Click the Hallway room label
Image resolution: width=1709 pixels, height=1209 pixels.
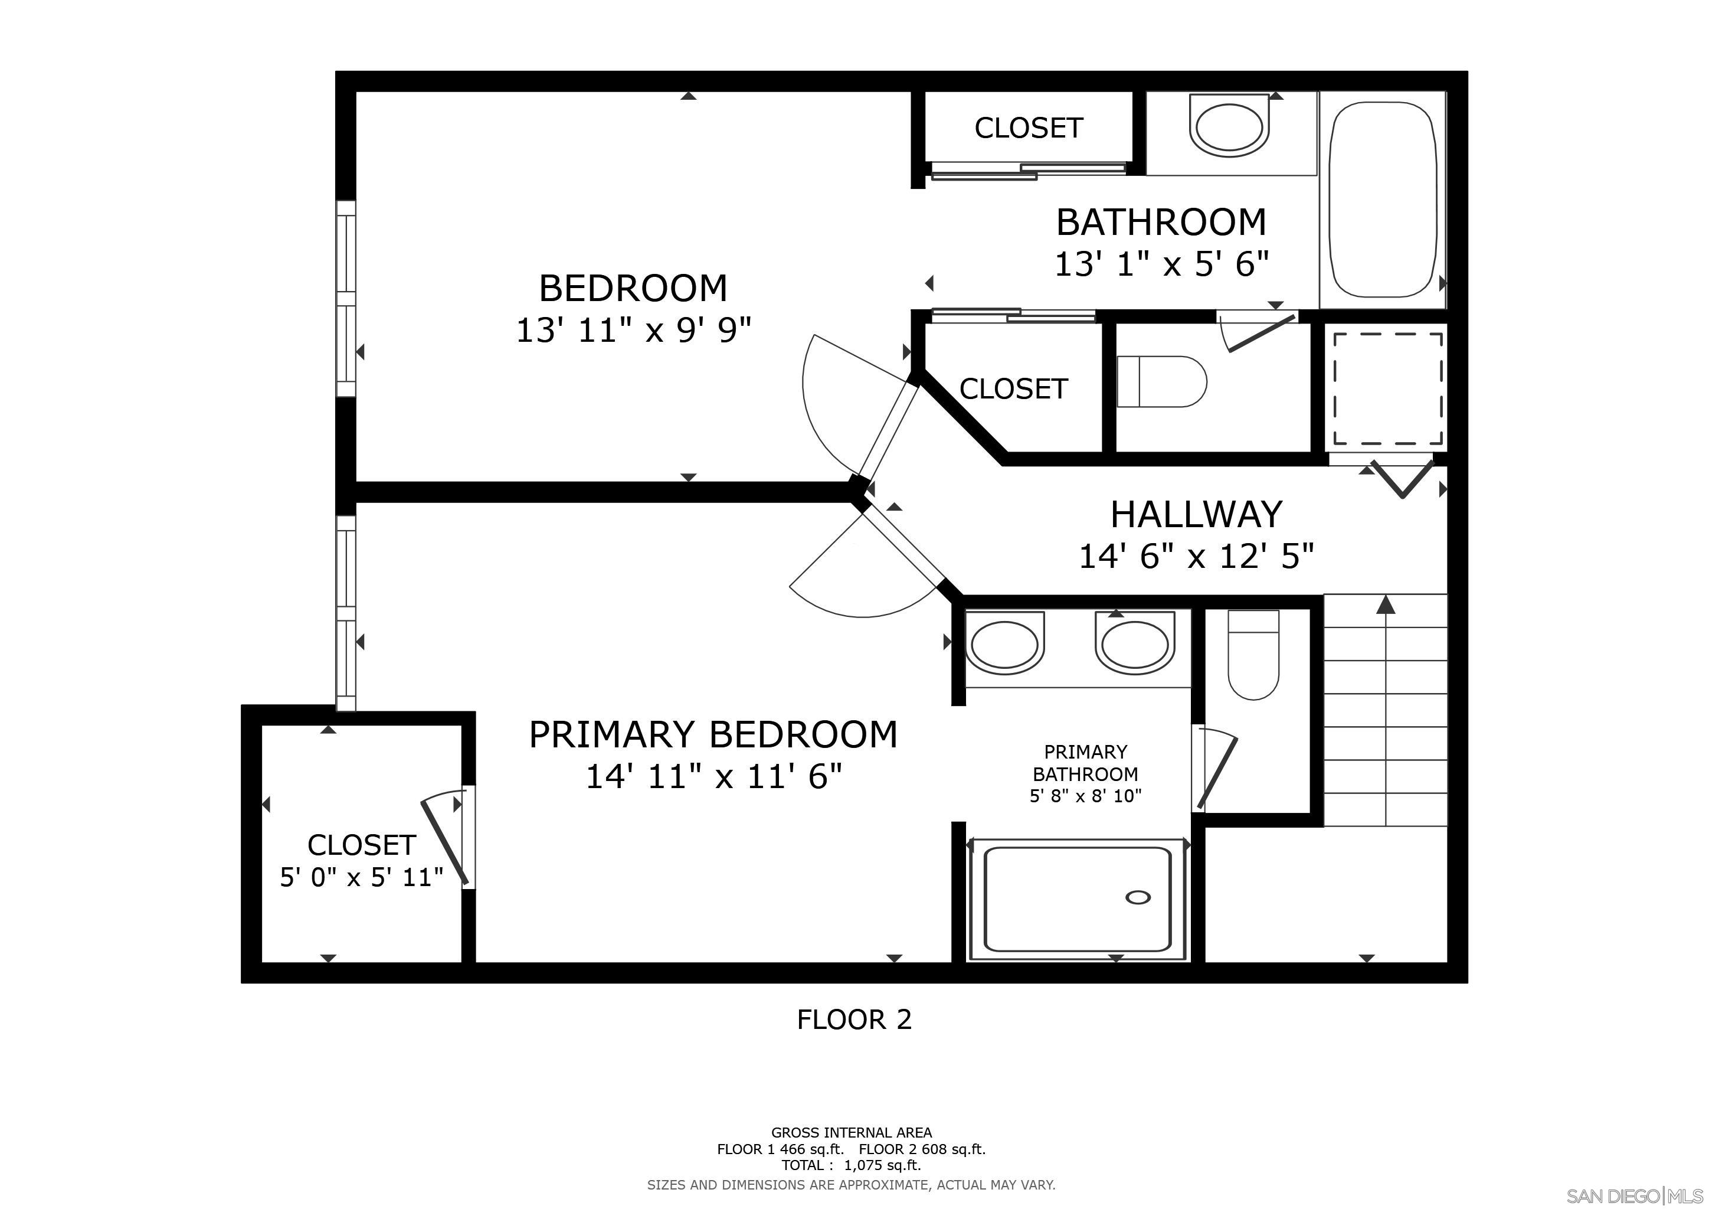(x=1196, y=514)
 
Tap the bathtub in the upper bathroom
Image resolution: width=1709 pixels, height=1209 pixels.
(x=1382, y=200)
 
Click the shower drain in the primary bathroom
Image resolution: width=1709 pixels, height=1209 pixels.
(x=1138, y=897)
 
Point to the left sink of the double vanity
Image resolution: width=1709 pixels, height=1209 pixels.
(x=1004, y=645)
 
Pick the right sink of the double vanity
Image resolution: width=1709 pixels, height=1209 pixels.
(x=1134, y=645)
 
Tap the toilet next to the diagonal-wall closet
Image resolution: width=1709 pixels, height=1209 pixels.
(x=1161, y=382)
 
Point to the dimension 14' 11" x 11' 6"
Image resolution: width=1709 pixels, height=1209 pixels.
(x=713, y=776)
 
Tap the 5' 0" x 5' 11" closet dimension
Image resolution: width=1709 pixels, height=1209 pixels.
(x=361, y=877)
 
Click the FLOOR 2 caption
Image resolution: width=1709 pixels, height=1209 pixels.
(x=854, y=1019)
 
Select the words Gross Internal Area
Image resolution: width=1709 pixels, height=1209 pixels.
(x=851, y=1132)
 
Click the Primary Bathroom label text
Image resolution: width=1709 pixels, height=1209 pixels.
(x=1085, y=763)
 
